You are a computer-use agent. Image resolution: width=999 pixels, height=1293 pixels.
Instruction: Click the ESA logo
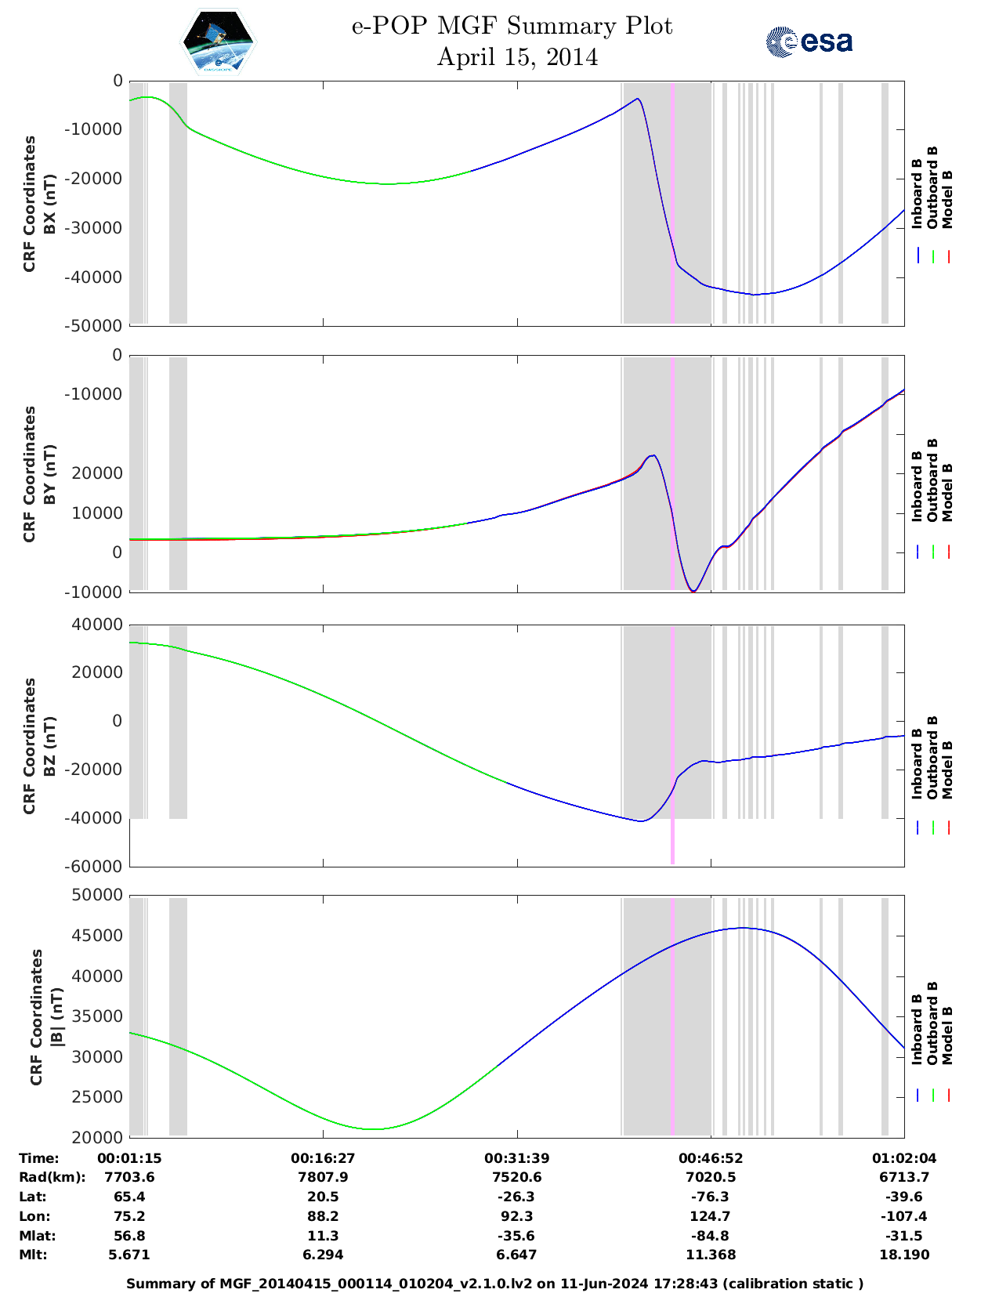809,42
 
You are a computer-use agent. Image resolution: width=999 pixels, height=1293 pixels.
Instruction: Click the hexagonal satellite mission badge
219,42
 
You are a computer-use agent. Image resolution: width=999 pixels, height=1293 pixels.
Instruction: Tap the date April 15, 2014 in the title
517,57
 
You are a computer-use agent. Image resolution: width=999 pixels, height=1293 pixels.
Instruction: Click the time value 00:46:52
711,1158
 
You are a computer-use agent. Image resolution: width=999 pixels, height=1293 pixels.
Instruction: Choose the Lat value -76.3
711,1197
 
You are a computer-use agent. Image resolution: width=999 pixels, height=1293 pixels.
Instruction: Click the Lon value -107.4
904,1216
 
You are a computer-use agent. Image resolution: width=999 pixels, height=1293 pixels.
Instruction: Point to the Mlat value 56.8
129,1236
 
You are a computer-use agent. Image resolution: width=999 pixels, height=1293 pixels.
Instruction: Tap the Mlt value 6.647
516,1255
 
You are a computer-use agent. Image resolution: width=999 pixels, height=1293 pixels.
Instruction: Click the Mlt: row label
33,1255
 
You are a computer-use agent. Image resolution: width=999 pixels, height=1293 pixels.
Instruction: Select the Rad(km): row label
52,1177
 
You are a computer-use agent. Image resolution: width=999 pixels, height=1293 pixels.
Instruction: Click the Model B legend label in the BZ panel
947,770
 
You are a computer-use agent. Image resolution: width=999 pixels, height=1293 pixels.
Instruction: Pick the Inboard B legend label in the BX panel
917,194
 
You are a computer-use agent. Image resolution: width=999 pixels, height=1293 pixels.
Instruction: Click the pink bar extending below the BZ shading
672,842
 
